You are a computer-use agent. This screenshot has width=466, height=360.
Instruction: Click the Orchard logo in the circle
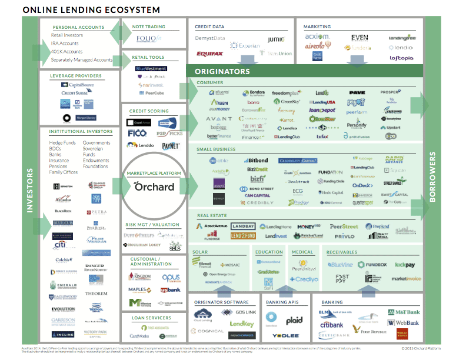pos(154,186)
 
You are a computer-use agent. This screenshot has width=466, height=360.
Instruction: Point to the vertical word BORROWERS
pos(433,176)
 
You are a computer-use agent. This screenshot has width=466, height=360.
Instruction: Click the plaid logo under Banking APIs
pos(295,321)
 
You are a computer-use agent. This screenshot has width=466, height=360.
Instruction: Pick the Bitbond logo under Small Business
pos(254,160)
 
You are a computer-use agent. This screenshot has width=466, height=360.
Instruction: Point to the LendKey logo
pos(241,324)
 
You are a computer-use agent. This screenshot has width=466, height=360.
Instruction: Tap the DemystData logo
pos(210,38)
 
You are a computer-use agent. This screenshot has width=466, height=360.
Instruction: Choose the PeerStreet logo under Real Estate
pos(344,226)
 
